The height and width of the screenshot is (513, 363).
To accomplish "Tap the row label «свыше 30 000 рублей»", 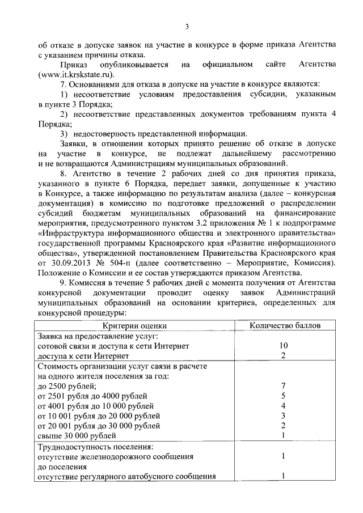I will (x=77, y=435).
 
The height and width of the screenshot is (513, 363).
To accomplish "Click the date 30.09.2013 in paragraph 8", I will (x=74, y=263).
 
